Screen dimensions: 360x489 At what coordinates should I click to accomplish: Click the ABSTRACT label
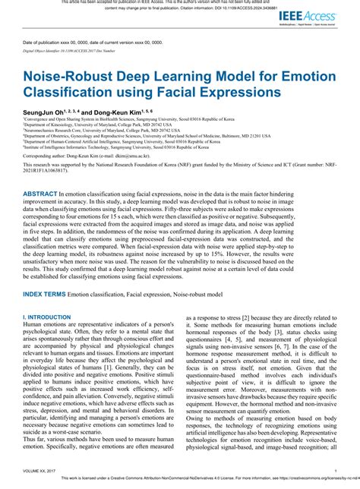[45, 194]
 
